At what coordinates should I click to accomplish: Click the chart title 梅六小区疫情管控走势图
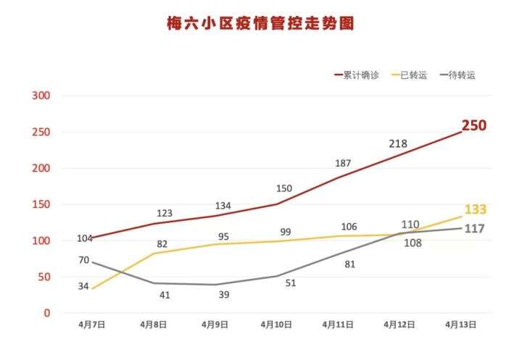click(x=260, y=25)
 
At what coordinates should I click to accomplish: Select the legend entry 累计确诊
click(x=360, y=75)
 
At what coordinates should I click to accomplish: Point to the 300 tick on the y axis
click(x=40, y=96)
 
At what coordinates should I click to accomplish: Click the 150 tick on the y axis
click(x=40, y=204)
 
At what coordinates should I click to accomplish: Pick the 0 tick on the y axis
click(x=46, y=313)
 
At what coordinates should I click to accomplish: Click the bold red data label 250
click(x=474, y=126)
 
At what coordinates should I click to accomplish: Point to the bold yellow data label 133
click(x=475, y=210)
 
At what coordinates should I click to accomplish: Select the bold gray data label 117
click(x=474, y=229)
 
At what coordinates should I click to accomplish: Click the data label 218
click(x=398, y=143)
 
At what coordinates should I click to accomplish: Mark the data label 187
click(x=344, y=163)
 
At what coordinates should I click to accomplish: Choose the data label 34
click(x=83, y=286)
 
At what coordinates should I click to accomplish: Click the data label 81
click(x=350, y=264)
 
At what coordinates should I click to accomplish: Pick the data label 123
click(x=164, y=214)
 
